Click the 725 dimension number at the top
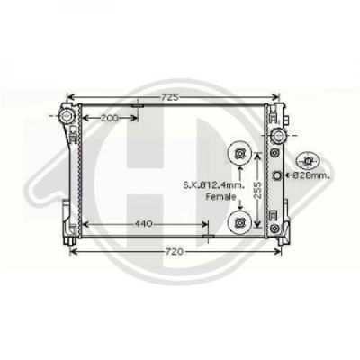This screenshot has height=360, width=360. point(170,97)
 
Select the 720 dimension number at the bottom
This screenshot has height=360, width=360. point(174,252)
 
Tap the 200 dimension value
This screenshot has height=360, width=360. point(110,118)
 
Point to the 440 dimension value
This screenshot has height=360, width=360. point(144,224)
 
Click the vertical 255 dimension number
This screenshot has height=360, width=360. point(257,190)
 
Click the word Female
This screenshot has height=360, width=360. point(220,197)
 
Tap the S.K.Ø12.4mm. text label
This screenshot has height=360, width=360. point(214,185)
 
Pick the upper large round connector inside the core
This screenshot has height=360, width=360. point(239,153)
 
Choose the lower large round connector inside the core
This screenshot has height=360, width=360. point(239,222)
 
